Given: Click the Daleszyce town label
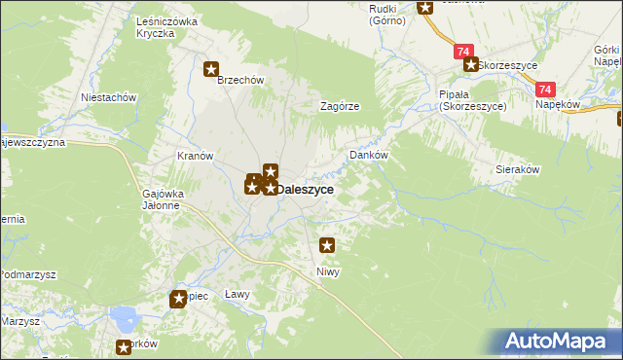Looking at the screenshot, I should (306, 191).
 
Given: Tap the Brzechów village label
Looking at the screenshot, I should (241, 81).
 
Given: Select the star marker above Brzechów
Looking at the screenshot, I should (211, 68).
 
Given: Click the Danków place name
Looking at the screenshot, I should (369, 155).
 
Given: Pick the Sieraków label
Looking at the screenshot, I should (518, 168).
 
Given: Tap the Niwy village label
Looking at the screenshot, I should (327, 271).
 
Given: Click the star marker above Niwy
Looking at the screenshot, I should (327, 246).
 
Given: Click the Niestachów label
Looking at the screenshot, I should (108, 97).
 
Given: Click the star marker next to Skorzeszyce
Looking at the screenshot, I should (470, 65).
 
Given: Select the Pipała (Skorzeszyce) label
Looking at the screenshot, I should (472, 100).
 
